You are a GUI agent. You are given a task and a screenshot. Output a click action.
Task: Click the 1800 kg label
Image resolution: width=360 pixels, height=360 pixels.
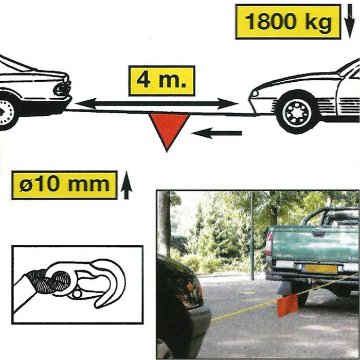pos(287,22)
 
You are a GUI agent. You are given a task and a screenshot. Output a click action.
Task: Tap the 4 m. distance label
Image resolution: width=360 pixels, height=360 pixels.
pos(161,81)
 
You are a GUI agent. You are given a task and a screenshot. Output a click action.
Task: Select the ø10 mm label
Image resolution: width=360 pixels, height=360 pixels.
pos(64,185)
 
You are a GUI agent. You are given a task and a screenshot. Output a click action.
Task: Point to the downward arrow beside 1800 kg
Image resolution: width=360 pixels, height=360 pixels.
pos(350,21)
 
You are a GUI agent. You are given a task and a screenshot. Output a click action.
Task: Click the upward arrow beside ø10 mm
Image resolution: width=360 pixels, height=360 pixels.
pos(126,186)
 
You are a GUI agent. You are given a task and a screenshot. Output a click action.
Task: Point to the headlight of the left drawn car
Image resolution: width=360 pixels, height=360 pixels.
pos(62,89)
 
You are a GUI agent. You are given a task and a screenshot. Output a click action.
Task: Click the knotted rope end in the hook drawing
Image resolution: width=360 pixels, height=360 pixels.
pos(48,283)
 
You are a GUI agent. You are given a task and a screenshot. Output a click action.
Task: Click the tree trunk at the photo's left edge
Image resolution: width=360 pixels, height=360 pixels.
pos(164,226)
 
